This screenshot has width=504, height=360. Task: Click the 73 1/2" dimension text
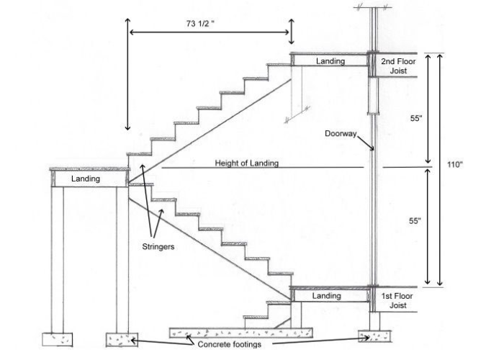(x=198, y=22)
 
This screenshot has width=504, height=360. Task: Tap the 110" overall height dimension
(x=454, y=165)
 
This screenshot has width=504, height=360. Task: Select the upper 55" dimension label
(x=415, y=119)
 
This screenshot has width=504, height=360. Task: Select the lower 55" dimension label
(x=415, y=222)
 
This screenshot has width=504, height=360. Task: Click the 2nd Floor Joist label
(x=397, y=66)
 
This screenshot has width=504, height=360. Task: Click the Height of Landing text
(x=246, y=163)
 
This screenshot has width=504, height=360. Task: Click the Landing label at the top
(x=330, y=61)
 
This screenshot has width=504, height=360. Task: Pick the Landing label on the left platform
(x=86, y=178)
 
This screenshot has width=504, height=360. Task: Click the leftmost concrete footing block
(x=59, y=338)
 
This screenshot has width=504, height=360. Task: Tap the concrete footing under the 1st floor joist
(x=374, y=336)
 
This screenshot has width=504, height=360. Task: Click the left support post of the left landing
(x=58, y=259)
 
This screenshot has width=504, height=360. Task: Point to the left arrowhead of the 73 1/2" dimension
(x=130, y=31)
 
